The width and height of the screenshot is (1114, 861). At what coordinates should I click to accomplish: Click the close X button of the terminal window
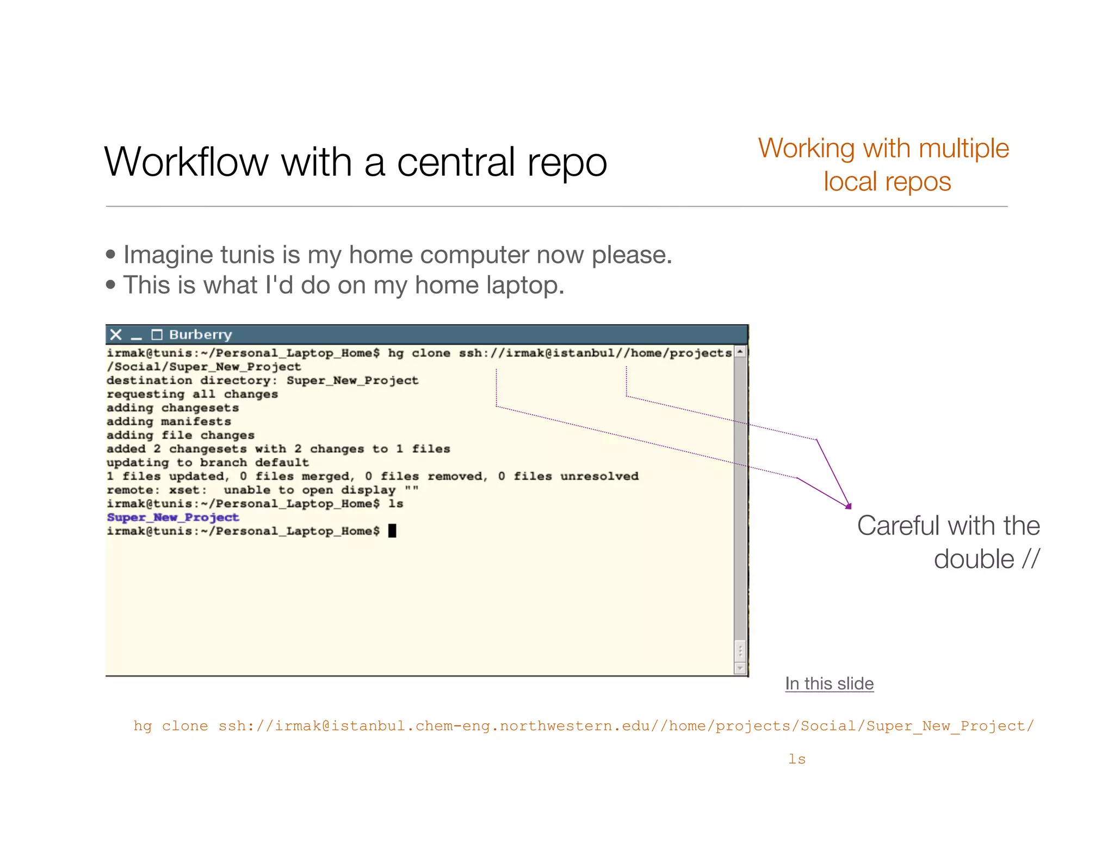click(x=115, y=335)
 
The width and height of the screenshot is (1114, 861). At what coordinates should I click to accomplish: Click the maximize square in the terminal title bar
click(x=157, y=335)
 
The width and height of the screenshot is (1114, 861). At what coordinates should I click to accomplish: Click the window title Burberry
click(x=200, y=335)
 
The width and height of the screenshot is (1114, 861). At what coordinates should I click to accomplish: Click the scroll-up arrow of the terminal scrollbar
click(x=740, y=352)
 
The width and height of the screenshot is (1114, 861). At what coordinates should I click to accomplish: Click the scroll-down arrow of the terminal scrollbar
click(x=740, y=667)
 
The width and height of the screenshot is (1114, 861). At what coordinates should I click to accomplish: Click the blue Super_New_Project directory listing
click(x=173, y=518)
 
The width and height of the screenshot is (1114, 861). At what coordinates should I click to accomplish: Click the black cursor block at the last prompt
click(x=392, y=531)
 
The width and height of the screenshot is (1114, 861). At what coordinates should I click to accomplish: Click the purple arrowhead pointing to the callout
click(x=848, y=506)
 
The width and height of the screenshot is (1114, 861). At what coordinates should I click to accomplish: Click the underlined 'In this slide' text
click(x=829, y=684)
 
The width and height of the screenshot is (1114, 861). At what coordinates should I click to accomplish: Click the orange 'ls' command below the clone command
click(x=797, y=759)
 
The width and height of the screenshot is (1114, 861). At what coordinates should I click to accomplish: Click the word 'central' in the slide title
click(x=456, y=162)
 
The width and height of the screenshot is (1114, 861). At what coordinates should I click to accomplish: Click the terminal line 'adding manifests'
click(x=169, y=422)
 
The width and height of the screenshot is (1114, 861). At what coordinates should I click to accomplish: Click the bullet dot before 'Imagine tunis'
click(x=111, y=254)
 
